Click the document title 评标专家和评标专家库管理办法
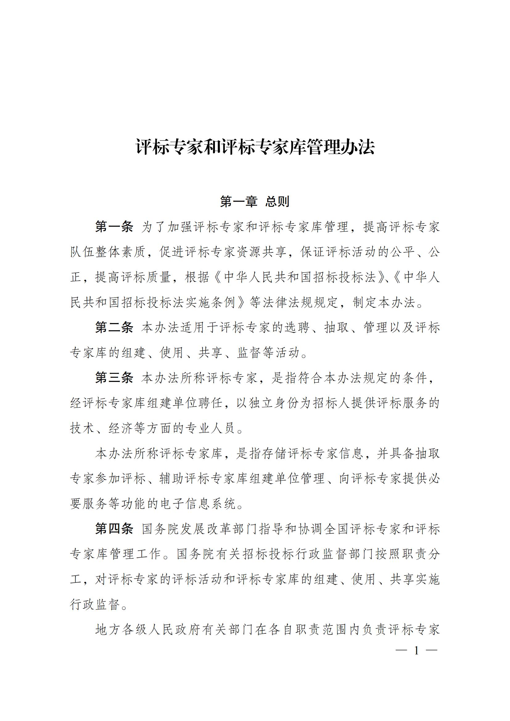(255, 147)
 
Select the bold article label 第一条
(114, 227)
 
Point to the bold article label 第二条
(114, 328)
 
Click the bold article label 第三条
(114, 378)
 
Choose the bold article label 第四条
(114, 529)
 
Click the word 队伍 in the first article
(83, 252)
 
